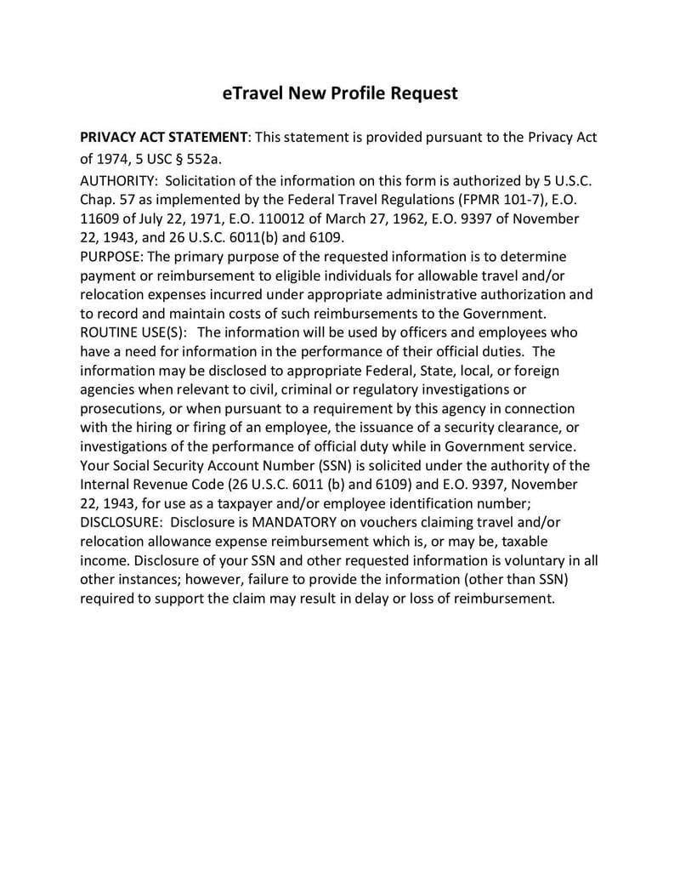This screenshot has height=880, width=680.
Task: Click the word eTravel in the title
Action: pyautogui.click(x=252, y=93)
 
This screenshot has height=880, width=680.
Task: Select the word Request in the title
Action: pyautogui.click(x=424, y=93)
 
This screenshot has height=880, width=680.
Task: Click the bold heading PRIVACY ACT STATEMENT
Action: pyautogui.click(x=162, y=138)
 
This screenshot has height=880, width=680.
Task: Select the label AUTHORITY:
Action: pyautogui.click(x=119, y=182)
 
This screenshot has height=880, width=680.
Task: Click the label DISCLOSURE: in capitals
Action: pyautogui.click(x=120, y=522)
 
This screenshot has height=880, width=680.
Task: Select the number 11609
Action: pyautogui.click(x=99, y=219)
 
